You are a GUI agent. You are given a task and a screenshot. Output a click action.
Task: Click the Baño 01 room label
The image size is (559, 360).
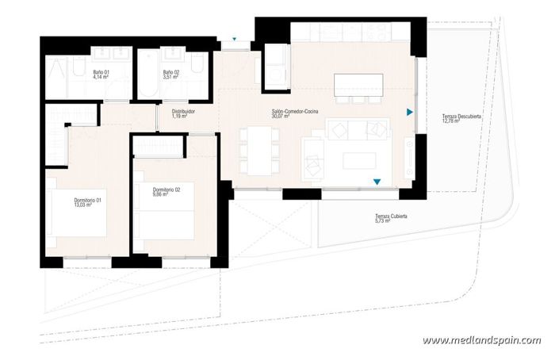click(100, 73)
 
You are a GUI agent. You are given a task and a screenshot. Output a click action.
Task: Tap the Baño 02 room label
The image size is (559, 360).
click(170, 73)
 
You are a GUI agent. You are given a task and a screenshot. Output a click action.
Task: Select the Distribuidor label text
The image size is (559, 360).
click(183, 111)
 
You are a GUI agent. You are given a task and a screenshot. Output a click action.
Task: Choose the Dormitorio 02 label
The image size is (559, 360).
click(167, 189)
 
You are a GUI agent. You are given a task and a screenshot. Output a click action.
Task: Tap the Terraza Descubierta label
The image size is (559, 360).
click(464, 117)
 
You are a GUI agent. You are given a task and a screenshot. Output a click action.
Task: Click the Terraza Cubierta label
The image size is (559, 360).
click(392, 216)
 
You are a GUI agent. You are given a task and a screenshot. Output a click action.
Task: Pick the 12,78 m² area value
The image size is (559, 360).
click(452, 121)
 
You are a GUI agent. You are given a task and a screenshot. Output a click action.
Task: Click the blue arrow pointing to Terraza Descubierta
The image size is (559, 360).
click(410, 111)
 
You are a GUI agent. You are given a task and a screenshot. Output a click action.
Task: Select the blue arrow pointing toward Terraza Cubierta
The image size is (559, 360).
click(377, 182)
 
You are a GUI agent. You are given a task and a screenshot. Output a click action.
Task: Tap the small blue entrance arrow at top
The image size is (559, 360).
click(235, 38)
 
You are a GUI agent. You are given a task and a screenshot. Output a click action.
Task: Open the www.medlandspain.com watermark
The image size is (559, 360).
click(481, 340)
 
